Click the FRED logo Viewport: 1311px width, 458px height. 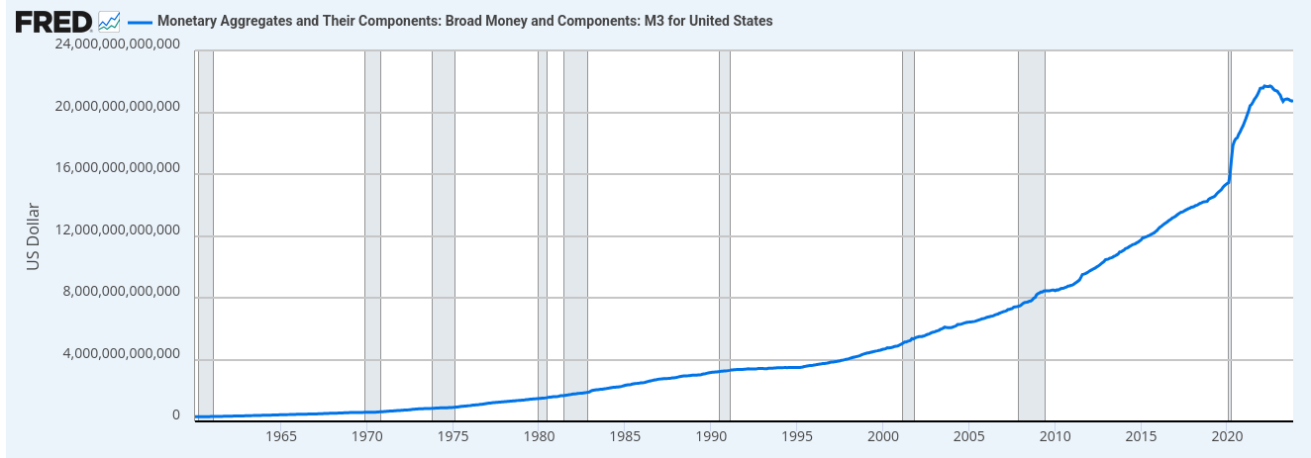pyautogui.click(x=53, y=21)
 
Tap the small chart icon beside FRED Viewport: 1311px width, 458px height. pyautogui.click(x=110, y=21)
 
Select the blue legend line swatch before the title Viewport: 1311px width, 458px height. pyautogui.click(x=140, y=21)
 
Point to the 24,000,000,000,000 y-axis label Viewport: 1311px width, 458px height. pyautogui.click(x=117, y=46)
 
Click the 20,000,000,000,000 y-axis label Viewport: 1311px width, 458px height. pyautogui.click(x=117, y=107)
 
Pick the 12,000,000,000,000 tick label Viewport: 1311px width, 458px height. pyautogui.click(x=117, y=230)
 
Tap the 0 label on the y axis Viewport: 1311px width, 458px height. pyautogui.click(x=175, y=415)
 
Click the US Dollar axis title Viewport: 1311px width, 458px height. pyautogui.click(x=33, y=236)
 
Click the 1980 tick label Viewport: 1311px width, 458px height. pyautogui.click(x=538, y=436)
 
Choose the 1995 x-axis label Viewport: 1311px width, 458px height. pyautogui.click(x=796, y=436)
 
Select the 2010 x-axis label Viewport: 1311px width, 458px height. pyautogui.click(x=1056, y=436)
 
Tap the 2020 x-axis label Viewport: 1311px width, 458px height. pyautogui.click(x=1228, y=436)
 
